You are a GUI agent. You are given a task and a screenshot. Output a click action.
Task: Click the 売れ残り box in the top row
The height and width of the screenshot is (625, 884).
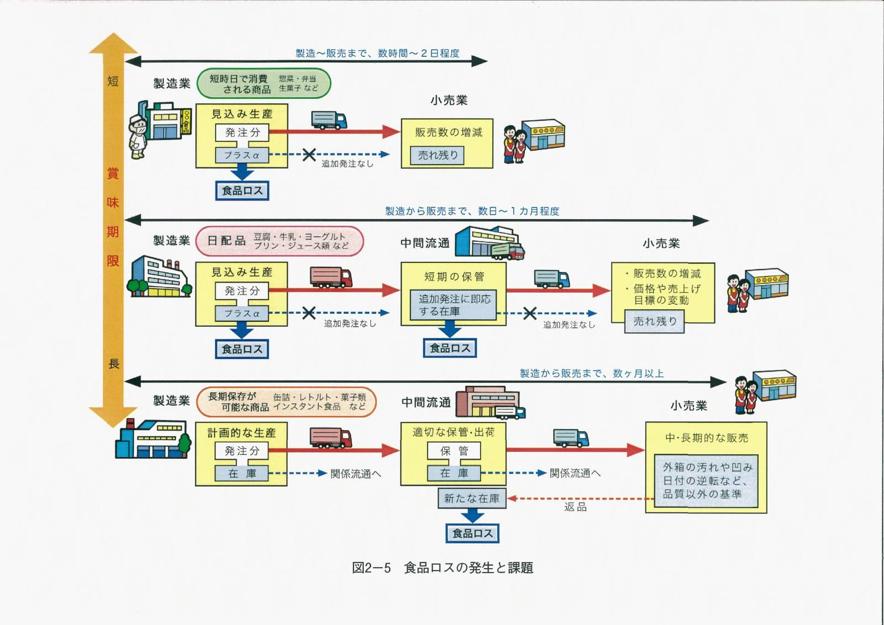(437, 156)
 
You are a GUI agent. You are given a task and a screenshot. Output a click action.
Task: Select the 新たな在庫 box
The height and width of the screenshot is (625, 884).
(471, 499)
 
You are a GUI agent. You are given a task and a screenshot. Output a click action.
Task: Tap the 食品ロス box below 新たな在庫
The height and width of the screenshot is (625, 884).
(472, 533)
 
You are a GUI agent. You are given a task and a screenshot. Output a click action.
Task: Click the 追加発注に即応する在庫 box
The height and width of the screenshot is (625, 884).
(454, 305)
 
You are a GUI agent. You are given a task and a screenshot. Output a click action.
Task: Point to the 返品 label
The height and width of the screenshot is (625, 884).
(575, 507)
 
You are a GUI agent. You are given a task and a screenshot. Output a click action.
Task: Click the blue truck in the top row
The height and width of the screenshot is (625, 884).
(329, 120)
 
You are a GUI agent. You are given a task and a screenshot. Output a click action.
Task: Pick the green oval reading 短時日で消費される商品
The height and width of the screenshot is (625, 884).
(264, 84)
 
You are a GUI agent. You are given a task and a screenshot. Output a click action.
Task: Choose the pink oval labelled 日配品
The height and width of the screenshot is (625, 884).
(279, 241)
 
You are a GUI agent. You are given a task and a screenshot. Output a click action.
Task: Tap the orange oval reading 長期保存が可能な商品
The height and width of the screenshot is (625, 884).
(286, 402)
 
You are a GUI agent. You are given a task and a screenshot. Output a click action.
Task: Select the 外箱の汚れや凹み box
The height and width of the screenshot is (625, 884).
(706, 481)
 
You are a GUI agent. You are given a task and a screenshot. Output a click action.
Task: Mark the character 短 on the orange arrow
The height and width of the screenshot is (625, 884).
(113, 82)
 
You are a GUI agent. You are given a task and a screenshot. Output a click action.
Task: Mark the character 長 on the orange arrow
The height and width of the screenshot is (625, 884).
(114, 364)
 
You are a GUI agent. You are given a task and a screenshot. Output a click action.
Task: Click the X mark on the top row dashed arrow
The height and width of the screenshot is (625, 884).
(309, 155)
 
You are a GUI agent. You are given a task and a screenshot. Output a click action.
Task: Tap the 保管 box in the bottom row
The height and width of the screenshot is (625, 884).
(454, 451)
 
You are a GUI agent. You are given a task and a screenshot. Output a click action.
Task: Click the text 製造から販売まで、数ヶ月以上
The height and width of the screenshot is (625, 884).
(591, 374)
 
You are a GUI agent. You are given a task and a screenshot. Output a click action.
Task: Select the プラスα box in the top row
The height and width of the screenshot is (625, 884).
(242, 155)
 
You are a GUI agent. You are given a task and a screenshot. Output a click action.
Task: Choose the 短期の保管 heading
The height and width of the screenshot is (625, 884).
(454, 277)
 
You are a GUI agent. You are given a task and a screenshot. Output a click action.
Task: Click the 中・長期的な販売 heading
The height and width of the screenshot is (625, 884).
(706, 438)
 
